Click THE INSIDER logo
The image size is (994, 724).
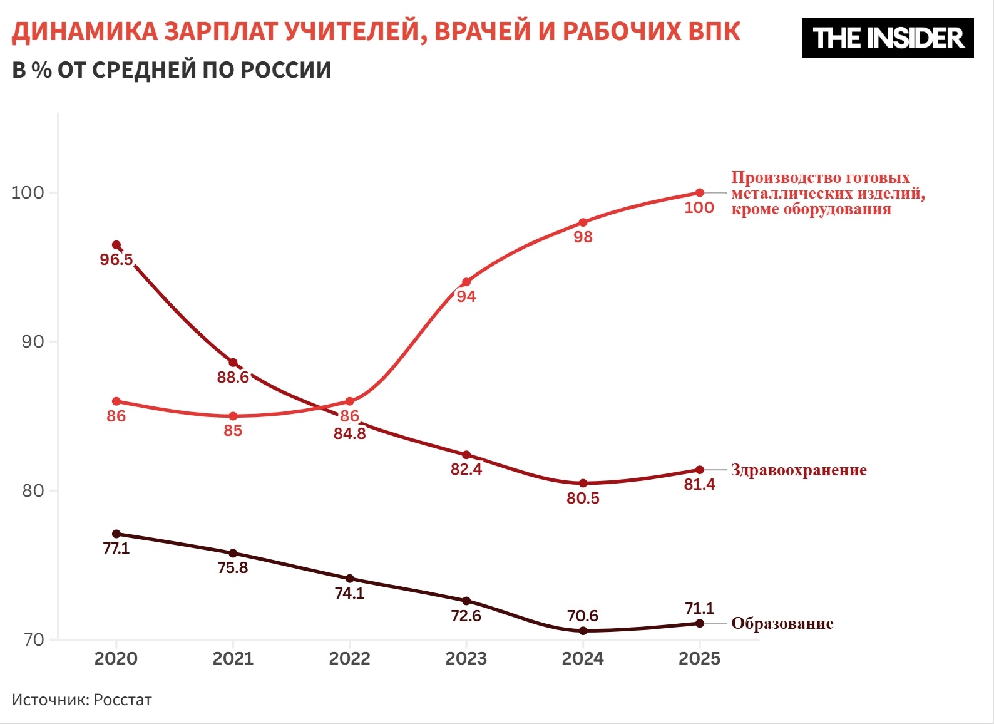(x=888, y=38)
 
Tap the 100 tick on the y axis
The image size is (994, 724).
(x=28, y=192)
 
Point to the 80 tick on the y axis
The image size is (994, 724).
(x=33, y=490)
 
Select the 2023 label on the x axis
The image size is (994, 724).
(x=466, y=658)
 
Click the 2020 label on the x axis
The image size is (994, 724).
(x=116, y=658)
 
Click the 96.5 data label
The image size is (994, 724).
(x=116, y=259)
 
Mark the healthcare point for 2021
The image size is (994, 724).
(x=233, y=363)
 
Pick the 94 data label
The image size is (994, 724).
(x=466, y=296)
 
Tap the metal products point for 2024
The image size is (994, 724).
(x=583, y=222)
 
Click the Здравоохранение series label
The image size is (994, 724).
(x=799, y=470)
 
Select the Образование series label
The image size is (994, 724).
(x=782, y=623)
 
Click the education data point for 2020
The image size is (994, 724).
(x=116, y=534)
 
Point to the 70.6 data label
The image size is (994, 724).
(x=583, y=616)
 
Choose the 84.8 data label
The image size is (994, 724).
(x=349, y=433)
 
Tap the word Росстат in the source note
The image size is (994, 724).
(x=123, y=700)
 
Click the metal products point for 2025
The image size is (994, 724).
(x=700, y=192)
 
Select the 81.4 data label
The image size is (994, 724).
(x=699, y=484)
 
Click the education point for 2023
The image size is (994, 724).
(x=466, y=601)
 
